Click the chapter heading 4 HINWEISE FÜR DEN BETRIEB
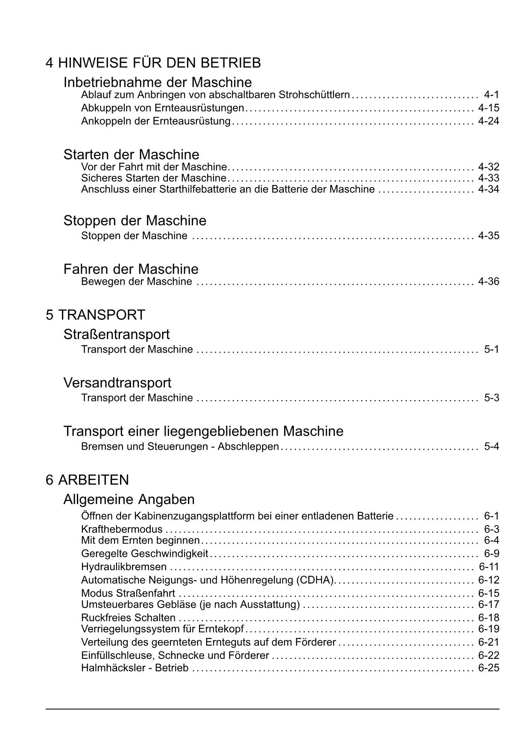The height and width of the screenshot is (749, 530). point(153,63)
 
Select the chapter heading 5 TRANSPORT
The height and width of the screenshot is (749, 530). point(95,315)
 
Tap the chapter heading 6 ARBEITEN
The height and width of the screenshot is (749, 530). point(87,480)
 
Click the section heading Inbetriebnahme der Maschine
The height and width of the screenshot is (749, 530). point(158,82)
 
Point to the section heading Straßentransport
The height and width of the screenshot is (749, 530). point(116,334)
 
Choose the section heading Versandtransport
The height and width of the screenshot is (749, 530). point(117,383)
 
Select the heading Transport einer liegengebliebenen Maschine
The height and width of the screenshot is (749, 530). point(203,431)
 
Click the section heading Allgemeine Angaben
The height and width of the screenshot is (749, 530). point(129,499)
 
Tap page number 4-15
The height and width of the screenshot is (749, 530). point(489,108)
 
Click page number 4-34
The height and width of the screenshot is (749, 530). point(489,189)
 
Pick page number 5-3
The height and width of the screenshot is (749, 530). point(492,398)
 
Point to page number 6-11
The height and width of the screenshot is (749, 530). point(489,567)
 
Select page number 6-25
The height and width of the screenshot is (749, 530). point(489,668)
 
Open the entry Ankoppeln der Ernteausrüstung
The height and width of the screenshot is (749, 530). point(155,121)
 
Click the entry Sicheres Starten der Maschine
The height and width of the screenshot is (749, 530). point(153,178)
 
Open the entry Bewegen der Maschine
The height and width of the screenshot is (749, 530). point(136,282)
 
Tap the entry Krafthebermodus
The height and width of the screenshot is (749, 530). point(122,530)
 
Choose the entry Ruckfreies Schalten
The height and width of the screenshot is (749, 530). point(128,618)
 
